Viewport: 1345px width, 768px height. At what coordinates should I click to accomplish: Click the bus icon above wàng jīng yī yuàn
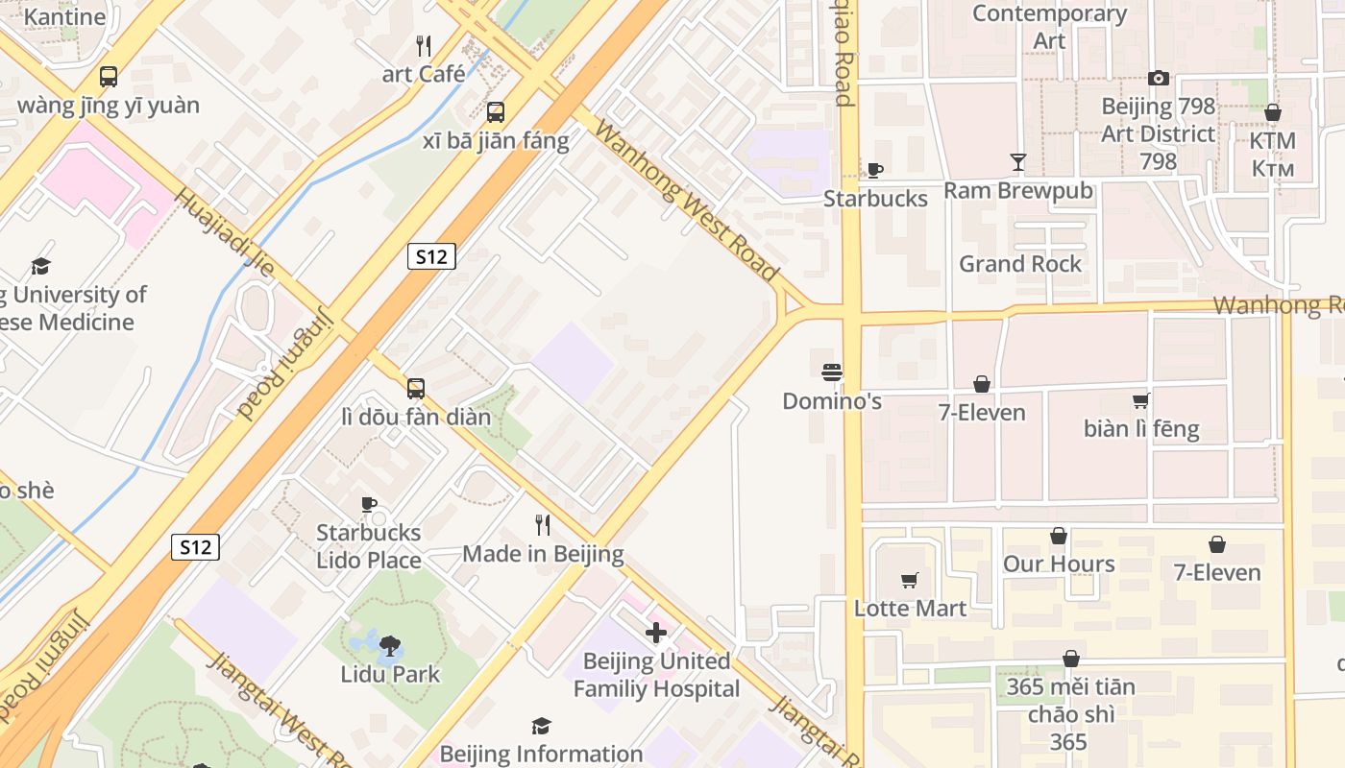109,77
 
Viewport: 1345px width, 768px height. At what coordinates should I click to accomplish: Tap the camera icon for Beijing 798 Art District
1159,79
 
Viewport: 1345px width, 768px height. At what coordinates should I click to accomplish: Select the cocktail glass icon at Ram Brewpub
1018,162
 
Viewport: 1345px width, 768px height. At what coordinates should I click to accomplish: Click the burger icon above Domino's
832,372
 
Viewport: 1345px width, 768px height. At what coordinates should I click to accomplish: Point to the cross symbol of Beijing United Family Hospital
656,633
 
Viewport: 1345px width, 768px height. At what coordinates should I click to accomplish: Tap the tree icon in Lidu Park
390,646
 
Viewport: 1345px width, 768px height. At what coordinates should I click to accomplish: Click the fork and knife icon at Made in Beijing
543,525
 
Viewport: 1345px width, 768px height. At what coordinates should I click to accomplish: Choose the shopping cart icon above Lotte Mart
910,580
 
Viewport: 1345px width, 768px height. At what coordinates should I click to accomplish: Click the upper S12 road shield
431,256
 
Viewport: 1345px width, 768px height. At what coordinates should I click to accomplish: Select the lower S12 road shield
196,547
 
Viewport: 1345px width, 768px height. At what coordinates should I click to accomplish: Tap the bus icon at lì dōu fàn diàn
416,389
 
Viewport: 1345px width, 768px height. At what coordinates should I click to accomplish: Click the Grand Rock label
1020,264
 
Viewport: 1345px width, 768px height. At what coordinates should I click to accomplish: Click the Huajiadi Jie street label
224,231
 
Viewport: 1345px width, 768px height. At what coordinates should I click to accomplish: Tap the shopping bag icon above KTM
1273,113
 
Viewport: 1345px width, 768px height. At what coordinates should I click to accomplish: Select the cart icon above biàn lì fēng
1141,400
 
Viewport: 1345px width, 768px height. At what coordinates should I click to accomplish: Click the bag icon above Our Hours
1059,536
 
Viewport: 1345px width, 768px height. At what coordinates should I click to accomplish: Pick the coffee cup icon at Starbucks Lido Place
369,504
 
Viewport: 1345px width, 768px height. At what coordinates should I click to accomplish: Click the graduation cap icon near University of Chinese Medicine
40,266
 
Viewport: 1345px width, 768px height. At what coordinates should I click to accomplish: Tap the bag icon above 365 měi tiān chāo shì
1070,659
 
